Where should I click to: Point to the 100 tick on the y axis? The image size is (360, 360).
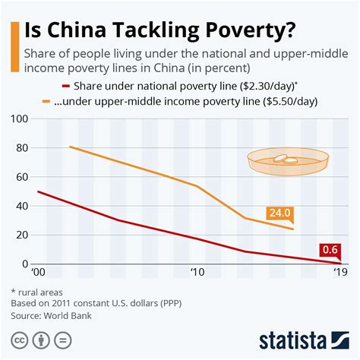(17, 119)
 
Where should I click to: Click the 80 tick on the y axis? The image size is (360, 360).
(21, 148)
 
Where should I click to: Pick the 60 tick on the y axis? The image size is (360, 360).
(21, 177)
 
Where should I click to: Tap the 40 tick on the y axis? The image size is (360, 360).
(21, 206)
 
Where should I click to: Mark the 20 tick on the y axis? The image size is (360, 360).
(21, 235)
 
